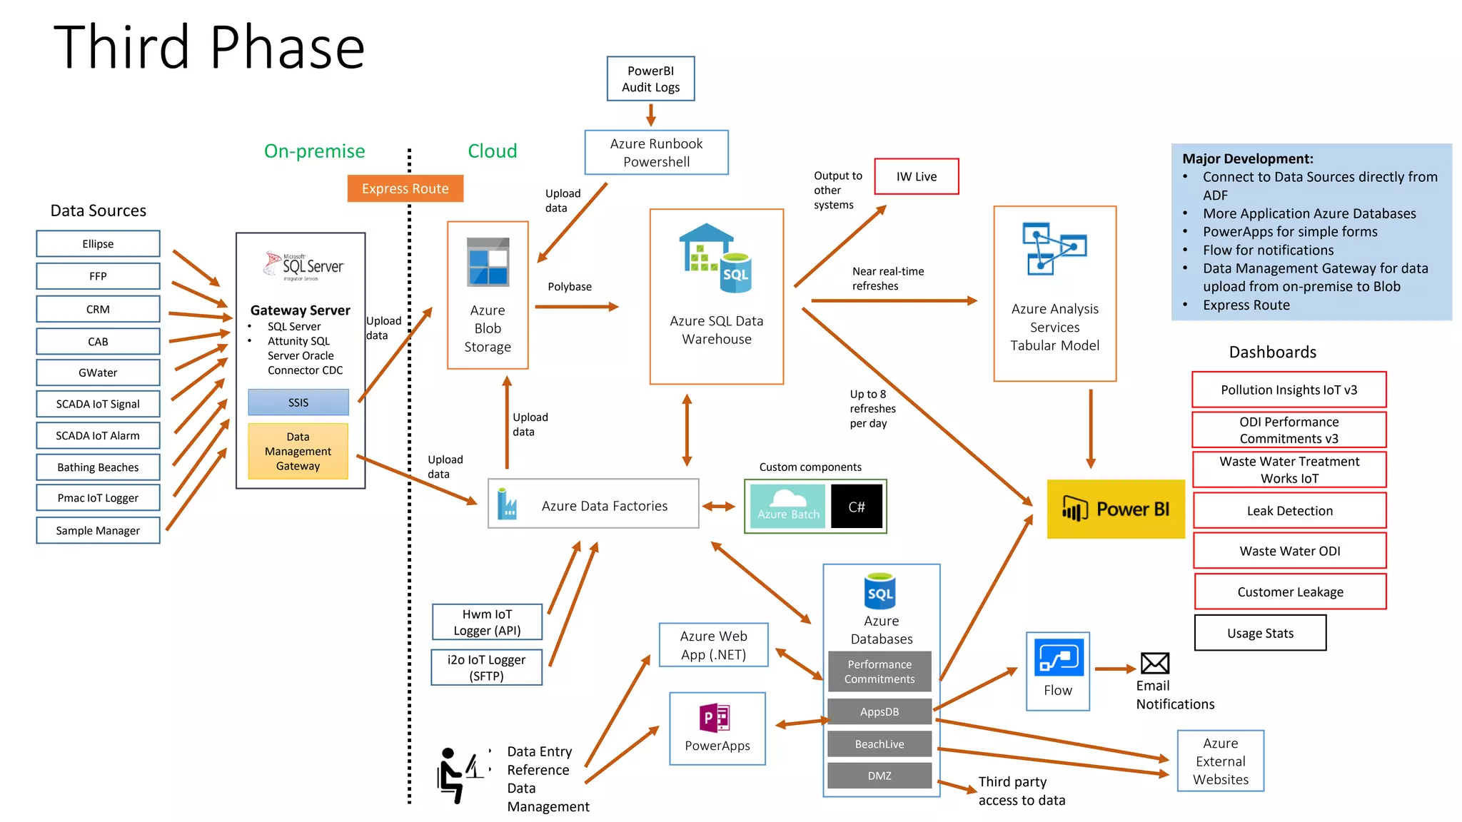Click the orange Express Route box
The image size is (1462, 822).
405,188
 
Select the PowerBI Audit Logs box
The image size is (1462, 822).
650,78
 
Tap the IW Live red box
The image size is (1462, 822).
916,176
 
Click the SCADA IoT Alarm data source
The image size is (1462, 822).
98,435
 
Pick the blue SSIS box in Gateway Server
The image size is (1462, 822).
298,402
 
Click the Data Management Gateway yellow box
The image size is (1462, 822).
298,451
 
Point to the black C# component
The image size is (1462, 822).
856,507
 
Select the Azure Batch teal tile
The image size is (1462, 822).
787,507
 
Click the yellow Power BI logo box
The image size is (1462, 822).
1115,509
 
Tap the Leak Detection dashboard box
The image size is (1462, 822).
1289,511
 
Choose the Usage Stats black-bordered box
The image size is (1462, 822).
1260,633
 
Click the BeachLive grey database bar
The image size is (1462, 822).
879,744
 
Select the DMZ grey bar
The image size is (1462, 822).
879,776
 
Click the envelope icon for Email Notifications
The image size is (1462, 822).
1154,664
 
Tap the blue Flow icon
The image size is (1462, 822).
1058,658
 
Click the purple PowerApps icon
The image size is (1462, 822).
715,718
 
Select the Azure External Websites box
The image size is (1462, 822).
1220,761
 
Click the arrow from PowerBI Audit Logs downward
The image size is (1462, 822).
650,114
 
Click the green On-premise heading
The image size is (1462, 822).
314,151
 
